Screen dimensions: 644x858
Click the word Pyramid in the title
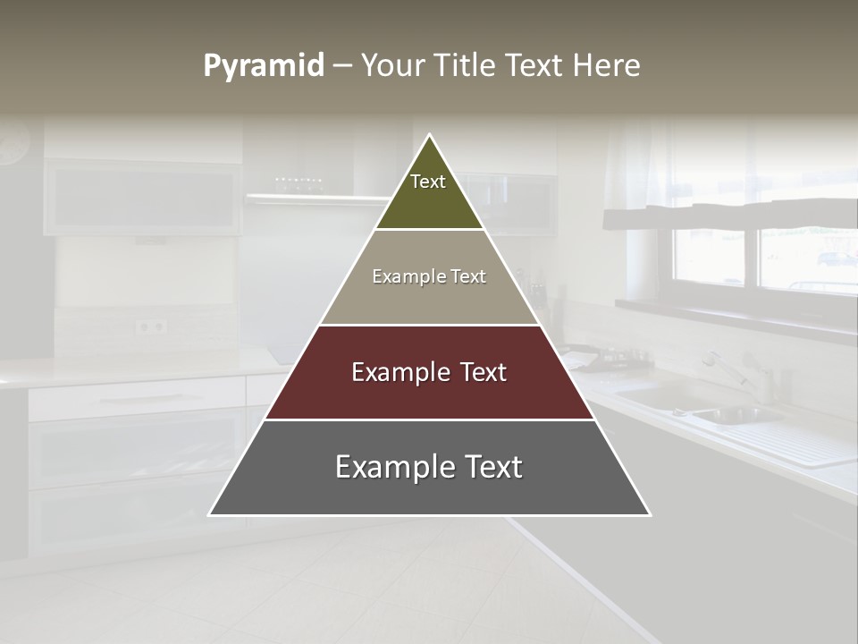pos(264,66)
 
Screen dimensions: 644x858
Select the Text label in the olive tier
pos(428,182)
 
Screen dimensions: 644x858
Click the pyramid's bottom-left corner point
pos(209,515)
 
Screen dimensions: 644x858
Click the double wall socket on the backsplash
pos(150,326)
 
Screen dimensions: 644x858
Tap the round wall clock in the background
pos(13,143)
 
